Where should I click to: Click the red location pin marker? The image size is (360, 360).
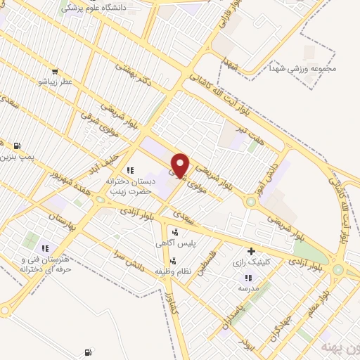181,165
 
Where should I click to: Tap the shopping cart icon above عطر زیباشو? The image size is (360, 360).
55,71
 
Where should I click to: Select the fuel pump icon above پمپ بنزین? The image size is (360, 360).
16,145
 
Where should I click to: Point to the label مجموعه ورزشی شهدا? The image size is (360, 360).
308,69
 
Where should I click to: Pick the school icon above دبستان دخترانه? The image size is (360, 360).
129,170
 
